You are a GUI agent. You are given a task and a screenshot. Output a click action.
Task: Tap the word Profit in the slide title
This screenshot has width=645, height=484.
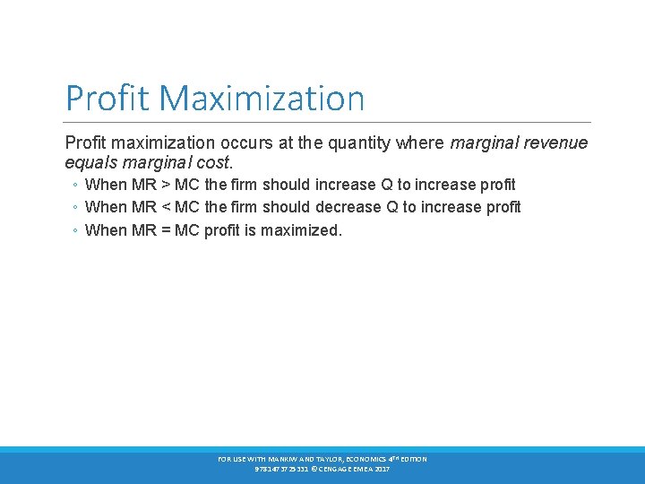tap(99, 98)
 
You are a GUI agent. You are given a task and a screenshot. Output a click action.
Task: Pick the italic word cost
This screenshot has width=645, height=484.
tap(214, 163)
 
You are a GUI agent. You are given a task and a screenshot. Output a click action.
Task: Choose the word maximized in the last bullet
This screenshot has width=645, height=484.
tap(305, 230)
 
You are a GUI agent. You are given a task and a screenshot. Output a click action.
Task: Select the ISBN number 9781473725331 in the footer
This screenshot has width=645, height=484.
tap(279, 469)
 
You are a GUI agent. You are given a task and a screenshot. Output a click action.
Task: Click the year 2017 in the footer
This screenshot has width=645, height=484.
tap(382, 469)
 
